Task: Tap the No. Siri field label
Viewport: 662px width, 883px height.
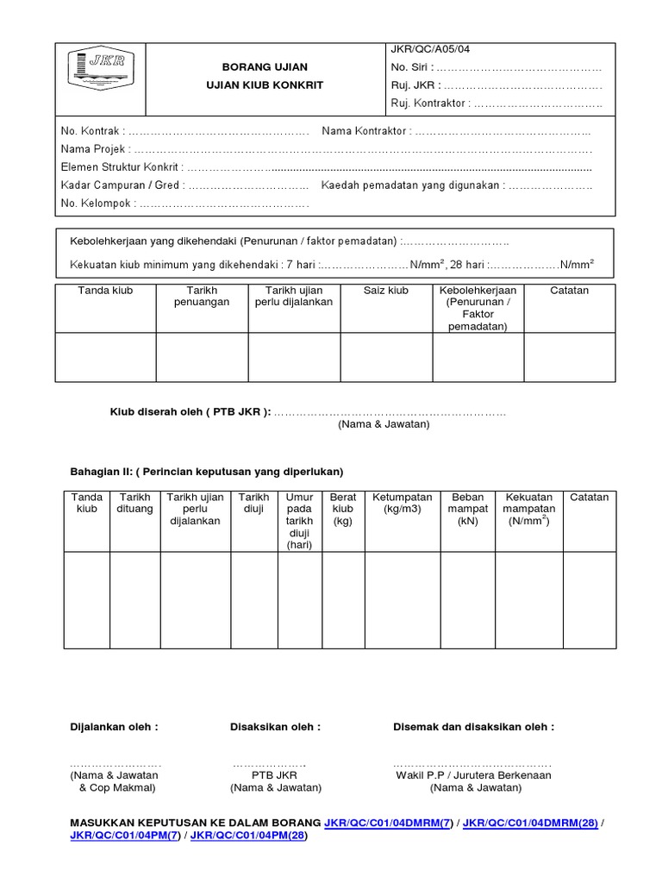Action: coord(410,67)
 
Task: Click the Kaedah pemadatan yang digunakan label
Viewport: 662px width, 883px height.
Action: coord(412,185)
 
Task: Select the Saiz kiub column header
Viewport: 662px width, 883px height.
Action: coord(385,291)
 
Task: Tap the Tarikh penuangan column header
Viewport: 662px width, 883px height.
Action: coord(202,297)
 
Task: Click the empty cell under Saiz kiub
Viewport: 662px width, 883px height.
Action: coord(385,357)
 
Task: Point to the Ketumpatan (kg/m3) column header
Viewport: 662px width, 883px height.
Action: coord(402,503)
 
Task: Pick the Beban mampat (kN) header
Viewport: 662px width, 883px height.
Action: coord(468,509)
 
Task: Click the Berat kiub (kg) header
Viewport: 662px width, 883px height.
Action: coord(343,509)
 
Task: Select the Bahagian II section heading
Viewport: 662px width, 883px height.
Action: coord(206,472)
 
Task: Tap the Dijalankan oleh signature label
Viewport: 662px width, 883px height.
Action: coord(113,727)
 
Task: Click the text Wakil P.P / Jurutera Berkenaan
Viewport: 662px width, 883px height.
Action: coord(473,775)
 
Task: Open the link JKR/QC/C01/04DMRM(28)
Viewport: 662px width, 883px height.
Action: coord(530,824)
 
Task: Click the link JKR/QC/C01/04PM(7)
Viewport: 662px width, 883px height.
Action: coord(125,836)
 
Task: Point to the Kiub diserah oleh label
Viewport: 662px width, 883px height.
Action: coord(190,412)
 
